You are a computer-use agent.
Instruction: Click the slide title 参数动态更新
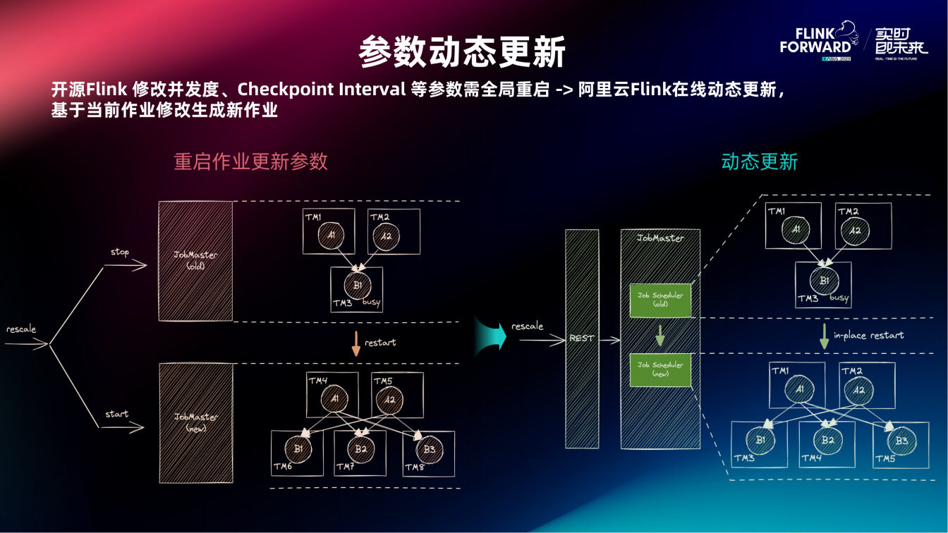point(462,51)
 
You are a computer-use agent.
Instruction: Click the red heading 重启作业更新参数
point(250,161)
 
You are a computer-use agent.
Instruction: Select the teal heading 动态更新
point(759,161)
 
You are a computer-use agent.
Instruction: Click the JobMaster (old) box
point(195,261)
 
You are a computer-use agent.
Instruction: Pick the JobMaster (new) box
point(195,422)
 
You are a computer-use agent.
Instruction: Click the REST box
point(581,338)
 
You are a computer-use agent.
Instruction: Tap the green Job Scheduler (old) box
point(660,300)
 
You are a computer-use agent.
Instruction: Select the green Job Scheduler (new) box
point(660,369)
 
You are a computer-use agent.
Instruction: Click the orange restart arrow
point(355,343)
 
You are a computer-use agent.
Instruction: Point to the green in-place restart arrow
point(823,336)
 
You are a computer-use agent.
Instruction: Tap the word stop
point(120,252)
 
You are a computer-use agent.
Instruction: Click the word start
point(117,414)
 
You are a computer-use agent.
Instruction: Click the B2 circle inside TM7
point(360,448)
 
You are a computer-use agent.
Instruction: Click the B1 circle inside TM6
point(296,448)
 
